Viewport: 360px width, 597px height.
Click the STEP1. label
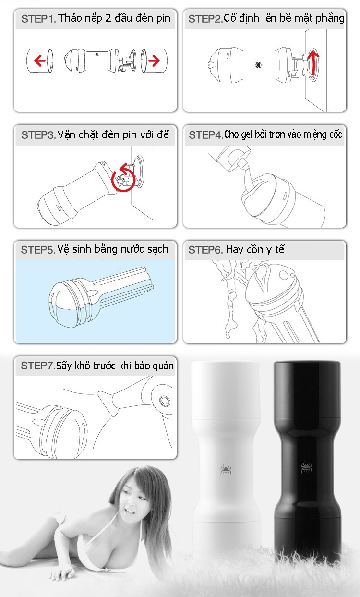click(x=38, y=19)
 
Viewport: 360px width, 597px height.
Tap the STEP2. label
click(x=205, y=19)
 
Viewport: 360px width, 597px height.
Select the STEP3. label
click(x=38, y=135)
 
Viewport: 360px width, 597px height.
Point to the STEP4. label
click(x=206, y=135)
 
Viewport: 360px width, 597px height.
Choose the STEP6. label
click(x=205, y=250)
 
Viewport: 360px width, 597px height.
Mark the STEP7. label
click(x=38, y=366)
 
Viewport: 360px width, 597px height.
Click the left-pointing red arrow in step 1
click(x=40, y=61)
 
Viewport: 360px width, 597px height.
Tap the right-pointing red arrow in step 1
click(x=154, y=61)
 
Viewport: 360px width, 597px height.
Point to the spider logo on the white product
click(x=226, y=470)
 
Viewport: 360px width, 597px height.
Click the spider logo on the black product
click(x=306, y=467)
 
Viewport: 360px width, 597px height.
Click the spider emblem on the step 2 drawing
click(x=258, y=65)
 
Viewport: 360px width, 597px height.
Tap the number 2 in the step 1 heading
click(x=108, y=18)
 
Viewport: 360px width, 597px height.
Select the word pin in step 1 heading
click(x=164, y=19)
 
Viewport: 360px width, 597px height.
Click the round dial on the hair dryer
click(x=165, y=401)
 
